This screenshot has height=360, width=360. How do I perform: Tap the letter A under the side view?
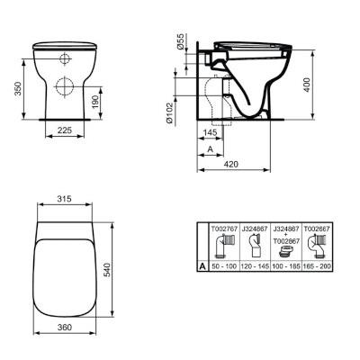pos(209,148)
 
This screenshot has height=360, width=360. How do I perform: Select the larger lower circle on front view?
pos(65,86)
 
